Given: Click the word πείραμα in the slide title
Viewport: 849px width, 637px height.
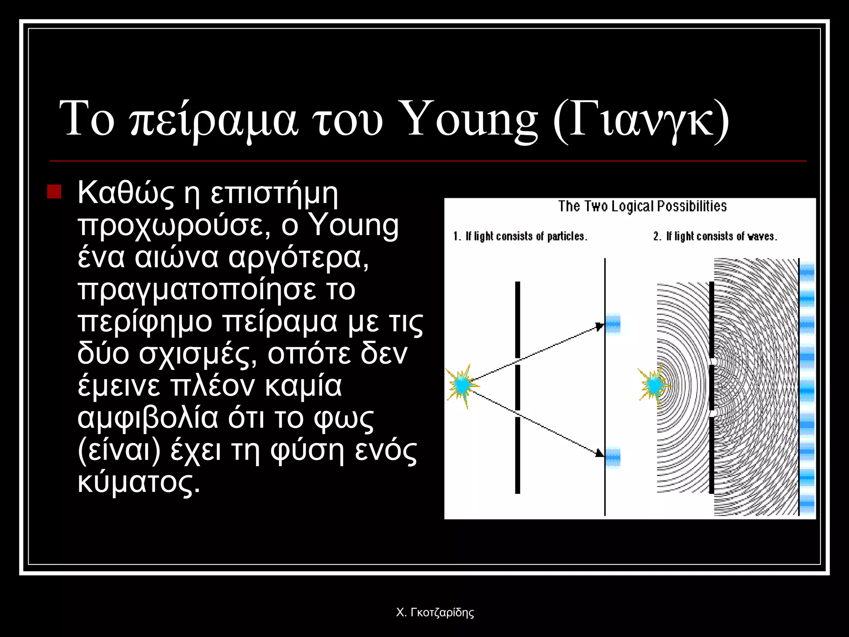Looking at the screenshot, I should [x=213, y=120].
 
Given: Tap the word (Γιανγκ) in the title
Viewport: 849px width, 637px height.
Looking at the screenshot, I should [x=641, y=120].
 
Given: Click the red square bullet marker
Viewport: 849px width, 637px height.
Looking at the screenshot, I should [x=54, y=192].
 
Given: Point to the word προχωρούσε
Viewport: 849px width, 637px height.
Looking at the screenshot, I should [x=174, y=226].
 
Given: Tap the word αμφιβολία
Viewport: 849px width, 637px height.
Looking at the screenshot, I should [x=148, y=418].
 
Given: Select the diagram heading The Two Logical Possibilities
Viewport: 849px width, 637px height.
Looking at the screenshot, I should [x=642, y=207].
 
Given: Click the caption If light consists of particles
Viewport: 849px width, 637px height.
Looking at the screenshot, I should [x=520, y=236].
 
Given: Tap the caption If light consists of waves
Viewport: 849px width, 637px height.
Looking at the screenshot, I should [x=715, y=236].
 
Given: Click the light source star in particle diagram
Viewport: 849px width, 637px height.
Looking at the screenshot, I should [x=461, y=385].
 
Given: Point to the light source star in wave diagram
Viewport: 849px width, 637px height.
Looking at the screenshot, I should [x=654, y=385].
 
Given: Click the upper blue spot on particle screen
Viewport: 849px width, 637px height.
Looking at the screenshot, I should [x=613, y=323].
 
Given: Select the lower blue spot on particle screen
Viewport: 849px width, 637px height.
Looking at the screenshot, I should [x=613, y=457].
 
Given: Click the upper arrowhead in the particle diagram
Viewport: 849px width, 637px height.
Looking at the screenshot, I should [x=599, y=326].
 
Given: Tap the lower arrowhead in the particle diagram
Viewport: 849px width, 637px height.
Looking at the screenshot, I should [x=599, y=453].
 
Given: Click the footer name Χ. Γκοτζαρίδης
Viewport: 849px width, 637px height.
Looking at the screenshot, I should [x=435, y=613].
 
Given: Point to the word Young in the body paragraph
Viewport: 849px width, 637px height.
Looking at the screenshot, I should [x=354, y=226].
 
